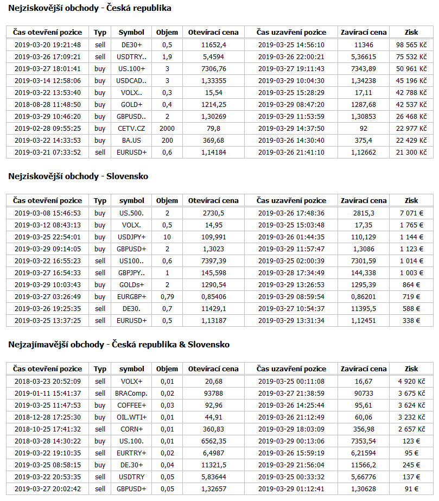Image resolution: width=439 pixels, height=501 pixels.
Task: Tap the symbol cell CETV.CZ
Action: (x=131, y=129)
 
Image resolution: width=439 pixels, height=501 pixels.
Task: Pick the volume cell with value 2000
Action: (x=167, y=129)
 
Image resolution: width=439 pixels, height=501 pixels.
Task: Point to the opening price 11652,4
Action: (x=213, y=45)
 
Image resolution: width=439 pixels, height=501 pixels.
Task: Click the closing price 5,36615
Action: (x=364, y=56)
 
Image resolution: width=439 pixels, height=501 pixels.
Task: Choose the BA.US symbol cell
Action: (x=131, y=141)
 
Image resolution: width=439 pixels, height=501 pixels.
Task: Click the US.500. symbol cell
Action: (x=131, y=213)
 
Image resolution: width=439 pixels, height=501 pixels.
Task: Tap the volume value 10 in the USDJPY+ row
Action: (x=167, y=237)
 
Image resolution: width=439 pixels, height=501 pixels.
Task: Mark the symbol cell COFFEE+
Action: (x=131, y=405)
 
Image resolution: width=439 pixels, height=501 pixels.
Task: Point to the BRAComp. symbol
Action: (x=131, y=393)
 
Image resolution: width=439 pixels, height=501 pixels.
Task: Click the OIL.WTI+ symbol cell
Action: (x=131, y=417)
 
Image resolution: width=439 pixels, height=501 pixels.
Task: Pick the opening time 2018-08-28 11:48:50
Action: (x=48, y=105)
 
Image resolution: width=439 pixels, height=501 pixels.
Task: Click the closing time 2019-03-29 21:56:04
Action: (x=291, y=465)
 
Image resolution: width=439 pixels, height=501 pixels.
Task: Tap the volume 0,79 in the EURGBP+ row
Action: (x=167, y=296)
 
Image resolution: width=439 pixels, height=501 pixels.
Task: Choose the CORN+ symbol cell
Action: (x=131, y=429)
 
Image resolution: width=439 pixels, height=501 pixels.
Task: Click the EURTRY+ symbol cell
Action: (x=131, y=453)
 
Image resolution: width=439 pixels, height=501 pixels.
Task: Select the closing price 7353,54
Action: (x=364, y=441)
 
